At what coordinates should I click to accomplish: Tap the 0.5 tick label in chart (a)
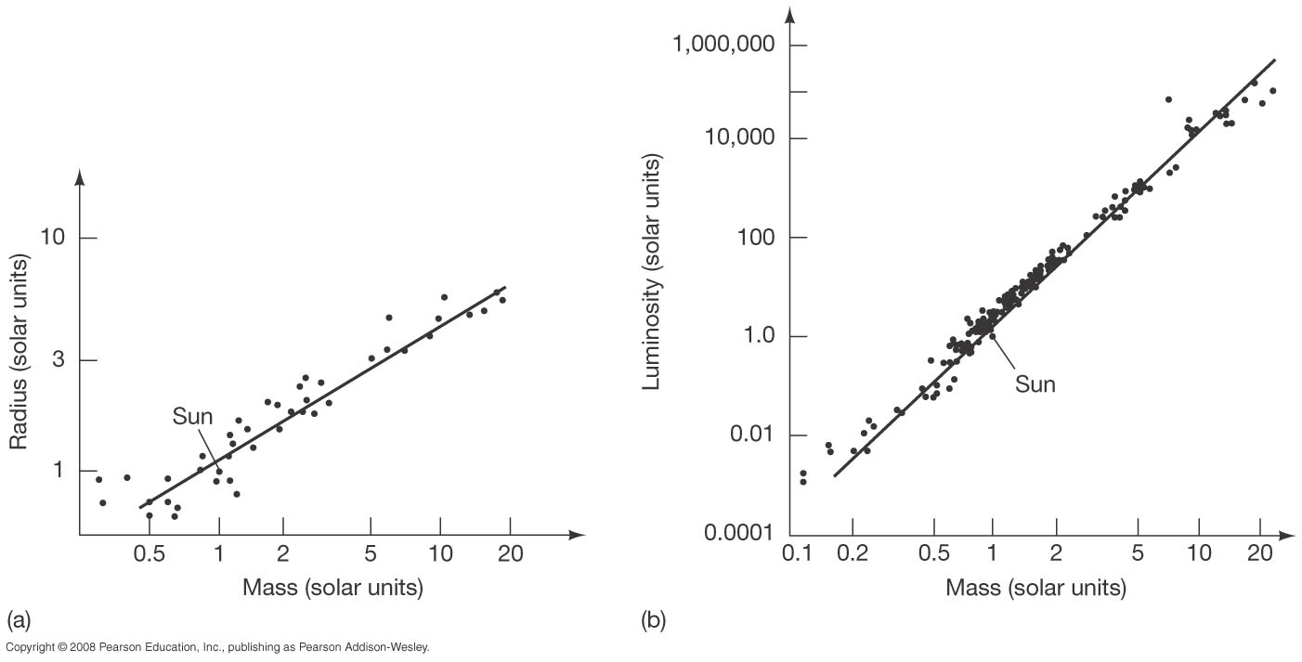click(149, 554)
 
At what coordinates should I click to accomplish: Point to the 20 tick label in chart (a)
click(509, 554)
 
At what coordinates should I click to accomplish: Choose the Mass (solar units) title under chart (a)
click(332, 588)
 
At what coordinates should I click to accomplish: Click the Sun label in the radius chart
click(192, 417)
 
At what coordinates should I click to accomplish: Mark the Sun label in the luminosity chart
click(1035, 384)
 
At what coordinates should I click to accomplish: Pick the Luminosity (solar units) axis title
click(653, 273)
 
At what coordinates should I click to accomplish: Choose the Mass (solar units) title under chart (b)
click(1035, 588)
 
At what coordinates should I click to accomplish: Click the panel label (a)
click(19, 619)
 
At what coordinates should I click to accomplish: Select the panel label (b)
click(653, 619)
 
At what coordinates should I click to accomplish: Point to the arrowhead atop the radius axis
click(80, 175)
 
